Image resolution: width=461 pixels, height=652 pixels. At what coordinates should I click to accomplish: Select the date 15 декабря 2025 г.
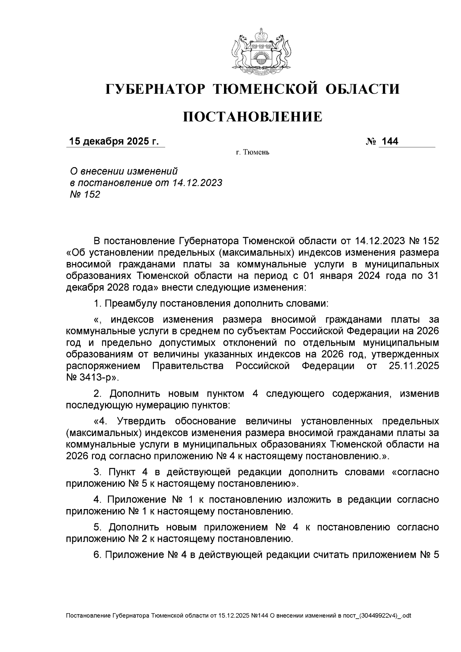114,141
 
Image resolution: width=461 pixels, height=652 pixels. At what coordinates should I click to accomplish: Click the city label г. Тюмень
252,153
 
